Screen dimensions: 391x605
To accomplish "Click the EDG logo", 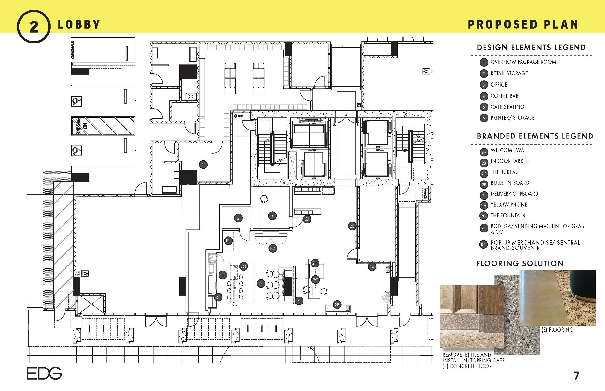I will click(44, 373).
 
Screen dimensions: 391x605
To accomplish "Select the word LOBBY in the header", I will click(79, 25).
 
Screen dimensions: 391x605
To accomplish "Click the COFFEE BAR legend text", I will click(504, 96).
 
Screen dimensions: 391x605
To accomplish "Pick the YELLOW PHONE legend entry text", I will click(509, 205).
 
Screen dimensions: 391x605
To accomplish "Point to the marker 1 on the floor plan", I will click(203, 165).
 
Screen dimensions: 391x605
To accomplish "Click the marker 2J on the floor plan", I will click(307, 219).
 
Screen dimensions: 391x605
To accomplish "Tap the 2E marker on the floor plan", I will click(352, 226).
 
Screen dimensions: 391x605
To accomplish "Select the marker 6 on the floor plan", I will click(299, 301).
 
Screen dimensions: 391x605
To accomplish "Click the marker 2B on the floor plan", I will click(337, 305).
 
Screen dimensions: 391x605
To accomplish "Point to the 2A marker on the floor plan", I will click(372, 267).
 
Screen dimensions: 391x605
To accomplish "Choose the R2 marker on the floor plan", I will click(272, 248).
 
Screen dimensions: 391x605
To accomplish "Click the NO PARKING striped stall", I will click(103, 126).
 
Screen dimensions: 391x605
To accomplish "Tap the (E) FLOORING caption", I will click(557, 330).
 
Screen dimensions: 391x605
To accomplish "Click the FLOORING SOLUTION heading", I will click(520, 264).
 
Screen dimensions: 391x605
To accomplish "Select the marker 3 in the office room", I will click(272, 216).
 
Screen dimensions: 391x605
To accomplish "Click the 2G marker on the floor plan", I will click(243, 266).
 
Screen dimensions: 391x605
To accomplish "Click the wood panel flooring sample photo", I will click(472, 300).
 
